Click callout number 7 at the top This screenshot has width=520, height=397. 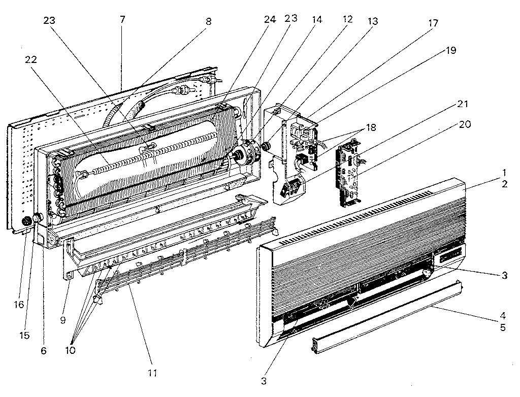tap(122, 19)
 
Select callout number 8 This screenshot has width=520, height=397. tap(208, 21)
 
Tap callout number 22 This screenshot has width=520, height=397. tap(31, 60)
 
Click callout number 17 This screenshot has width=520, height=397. tap(433, 23)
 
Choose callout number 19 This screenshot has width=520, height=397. tap(451, 50)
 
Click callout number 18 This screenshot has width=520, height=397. tap(370, 128)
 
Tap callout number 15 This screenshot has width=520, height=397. tap(24, 336)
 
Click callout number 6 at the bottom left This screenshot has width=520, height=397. tap(43, 351)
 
